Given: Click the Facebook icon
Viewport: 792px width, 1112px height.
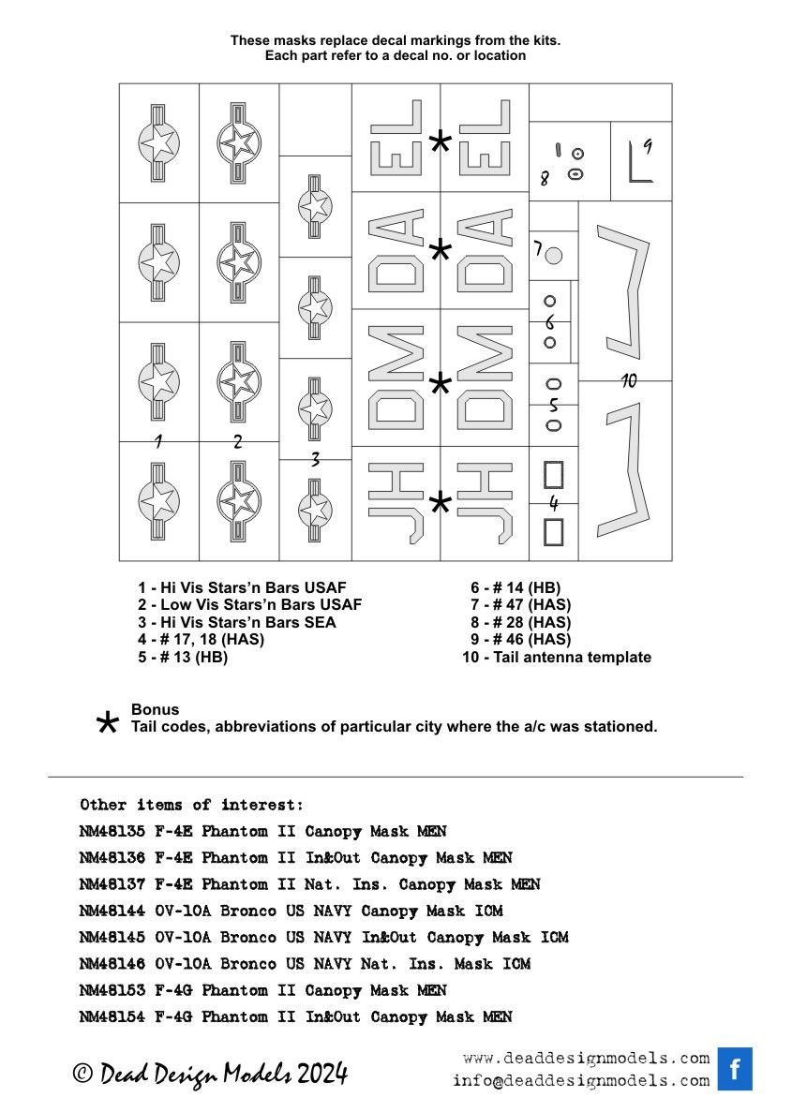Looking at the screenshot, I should pos(735,1069).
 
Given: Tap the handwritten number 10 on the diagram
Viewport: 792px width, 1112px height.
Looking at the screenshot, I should pos(629,380).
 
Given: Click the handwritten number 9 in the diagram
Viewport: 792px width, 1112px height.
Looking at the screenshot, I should pos(648,145).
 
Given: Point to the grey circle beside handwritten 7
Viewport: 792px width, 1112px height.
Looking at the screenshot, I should pos(553,255).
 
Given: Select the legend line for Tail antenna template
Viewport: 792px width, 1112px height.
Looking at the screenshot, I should pos(557,657).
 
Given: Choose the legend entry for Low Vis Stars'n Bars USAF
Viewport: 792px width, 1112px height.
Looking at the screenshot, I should pos(249,604).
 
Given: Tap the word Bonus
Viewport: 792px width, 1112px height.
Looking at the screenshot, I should pos(155,709).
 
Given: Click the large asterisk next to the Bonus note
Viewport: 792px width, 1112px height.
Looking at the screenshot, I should pos(109,722).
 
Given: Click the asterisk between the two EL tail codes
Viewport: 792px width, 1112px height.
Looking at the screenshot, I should pos(440,142).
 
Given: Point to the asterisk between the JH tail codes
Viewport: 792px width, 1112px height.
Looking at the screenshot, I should pos(440,504).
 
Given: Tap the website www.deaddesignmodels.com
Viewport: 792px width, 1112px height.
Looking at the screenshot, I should pos(586,1059).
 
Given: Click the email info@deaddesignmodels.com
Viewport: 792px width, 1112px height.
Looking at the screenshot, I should pos(581,1080).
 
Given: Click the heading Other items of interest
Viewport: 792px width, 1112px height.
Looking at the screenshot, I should pos(191,805).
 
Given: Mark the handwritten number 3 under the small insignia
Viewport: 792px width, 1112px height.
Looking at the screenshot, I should pos(315,459).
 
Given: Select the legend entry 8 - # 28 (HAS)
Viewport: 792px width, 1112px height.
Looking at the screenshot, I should pos(521,622).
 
